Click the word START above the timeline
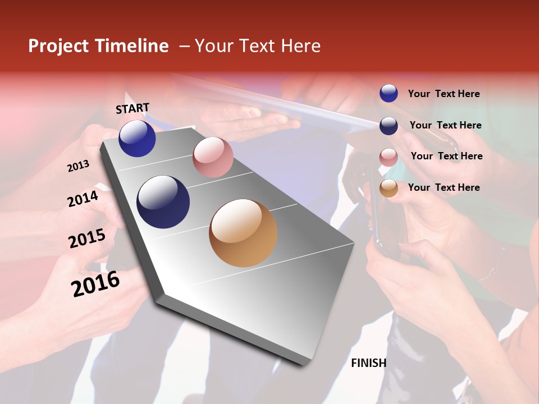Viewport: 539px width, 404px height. point(133,108)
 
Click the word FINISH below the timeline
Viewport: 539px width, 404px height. point(368,363)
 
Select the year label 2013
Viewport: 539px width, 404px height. point(78,166)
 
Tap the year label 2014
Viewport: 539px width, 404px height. point(83,199)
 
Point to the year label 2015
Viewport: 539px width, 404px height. point(87,238)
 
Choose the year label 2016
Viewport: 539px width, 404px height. point(95,284)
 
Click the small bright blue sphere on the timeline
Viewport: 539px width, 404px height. point(137,139)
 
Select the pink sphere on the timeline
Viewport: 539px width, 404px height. point(213,157)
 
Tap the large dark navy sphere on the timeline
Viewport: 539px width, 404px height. point(163,202)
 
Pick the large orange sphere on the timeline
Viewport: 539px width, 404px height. point(243,233)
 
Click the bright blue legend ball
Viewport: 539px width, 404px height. point(389,94)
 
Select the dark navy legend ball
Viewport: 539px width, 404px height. point(389,126)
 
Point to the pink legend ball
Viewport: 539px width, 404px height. point(389,157)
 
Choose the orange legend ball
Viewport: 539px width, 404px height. point(389,189)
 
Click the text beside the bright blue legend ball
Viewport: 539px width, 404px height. point(444,94)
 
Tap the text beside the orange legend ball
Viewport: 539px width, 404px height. point(444,187)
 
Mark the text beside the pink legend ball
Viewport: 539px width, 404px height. point(446,156)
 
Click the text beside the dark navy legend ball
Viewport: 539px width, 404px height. point(445,125)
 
